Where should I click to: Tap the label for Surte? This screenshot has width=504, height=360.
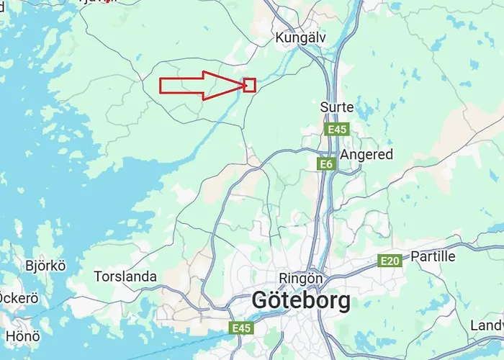[337, 107]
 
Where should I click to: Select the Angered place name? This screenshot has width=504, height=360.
[366, 155]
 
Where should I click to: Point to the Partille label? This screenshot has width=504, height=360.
[433, 256]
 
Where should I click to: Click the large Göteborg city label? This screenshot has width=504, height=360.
[301, 300]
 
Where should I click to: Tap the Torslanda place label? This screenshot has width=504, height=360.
[125, 276]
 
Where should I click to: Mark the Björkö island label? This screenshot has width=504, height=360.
[45, 266]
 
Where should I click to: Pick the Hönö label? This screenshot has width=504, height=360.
[23, 336]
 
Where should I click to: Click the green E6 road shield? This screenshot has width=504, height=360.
[327, 164]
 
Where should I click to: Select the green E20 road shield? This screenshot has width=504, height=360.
[390, 261]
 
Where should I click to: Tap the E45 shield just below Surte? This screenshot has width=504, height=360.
[336, 130]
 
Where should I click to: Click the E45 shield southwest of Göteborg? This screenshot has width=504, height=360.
[241, 328]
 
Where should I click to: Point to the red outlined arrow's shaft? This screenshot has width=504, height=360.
[184, 85]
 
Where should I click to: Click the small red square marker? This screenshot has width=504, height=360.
[250, 85]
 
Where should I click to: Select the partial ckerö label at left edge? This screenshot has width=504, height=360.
[18, 297]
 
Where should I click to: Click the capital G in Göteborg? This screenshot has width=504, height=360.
[262, 300]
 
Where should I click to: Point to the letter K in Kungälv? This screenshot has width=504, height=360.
[280, 37]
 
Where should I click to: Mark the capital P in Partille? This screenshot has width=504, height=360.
[415, 256]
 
